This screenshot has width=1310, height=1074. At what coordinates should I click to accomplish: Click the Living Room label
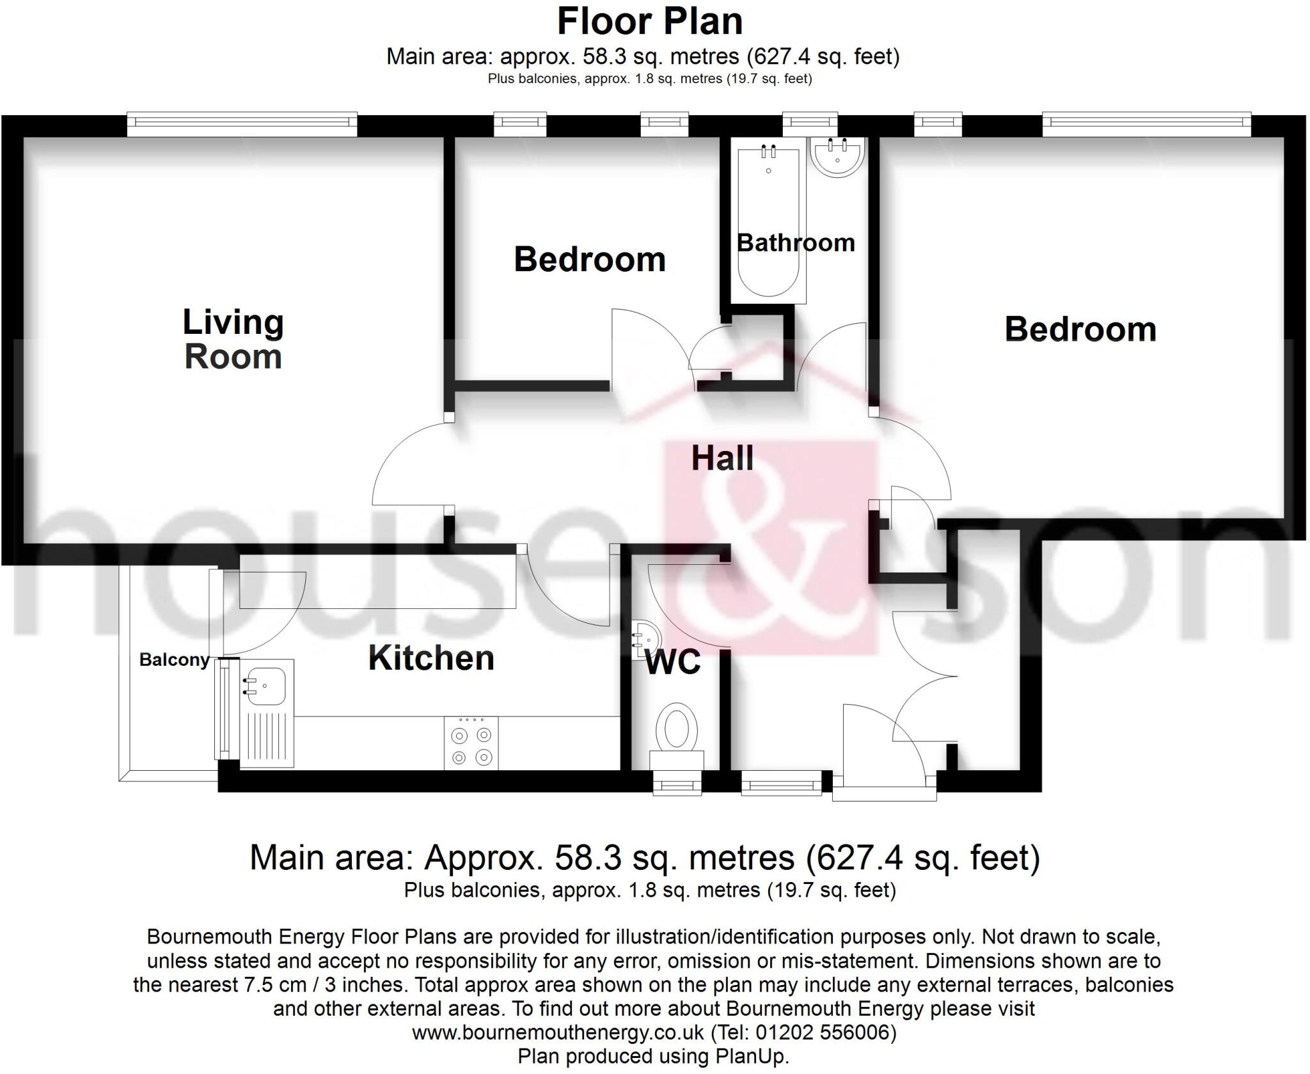(x=233, y=339)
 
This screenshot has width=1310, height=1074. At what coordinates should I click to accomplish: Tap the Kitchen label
(x=431, y=658)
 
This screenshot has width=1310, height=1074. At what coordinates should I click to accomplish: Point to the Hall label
(x=722, y=458)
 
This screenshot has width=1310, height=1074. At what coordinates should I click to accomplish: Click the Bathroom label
(x=796, y=242)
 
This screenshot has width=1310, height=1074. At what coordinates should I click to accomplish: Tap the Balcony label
(x=174, y=659)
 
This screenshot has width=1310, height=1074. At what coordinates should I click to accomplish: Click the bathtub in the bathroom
(x=768, y=221)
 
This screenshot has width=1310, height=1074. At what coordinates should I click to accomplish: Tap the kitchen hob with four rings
(x=471, y=746)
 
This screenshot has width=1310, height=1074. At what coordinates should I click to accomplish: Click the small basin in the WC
(x=642, y=640)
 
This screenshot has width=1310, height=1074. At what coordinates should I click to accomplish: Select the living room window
(x=242, y=123)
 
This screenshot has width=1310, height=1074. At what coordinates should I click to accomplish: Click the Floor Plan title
(x=649, y=21)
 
